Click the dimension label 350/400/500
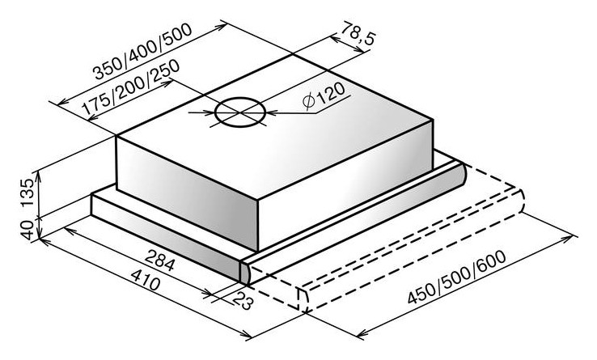[143, 52]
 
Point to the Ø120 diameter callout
[324, 96]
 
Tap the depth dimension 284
[159, 260]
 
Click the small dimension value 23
[242, 300]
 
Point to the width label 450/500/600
[457, 277]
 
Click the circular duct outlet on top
[239, 112]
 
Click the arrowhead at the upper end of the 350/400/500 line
[221, 27]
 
